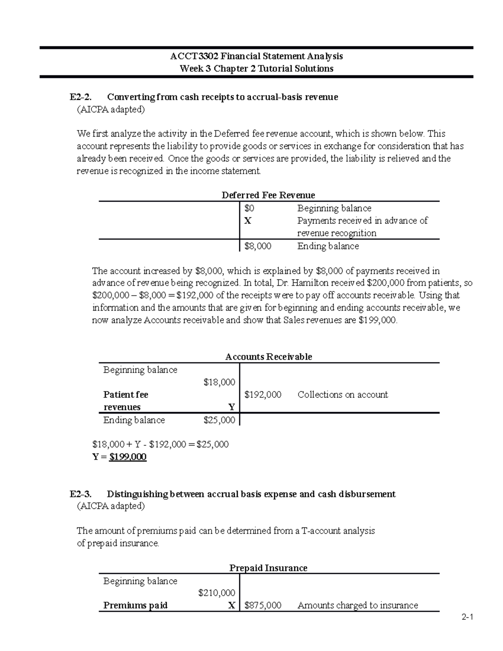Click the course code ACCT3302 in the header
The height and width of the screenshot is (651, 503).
point(194,56)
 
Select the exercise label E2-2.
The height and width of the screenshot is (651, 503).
point(80,97)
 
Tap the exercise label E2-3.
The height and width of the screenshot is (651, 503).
point(80,494)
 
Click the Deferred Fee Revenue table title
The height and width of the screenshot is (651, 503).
point(268,195)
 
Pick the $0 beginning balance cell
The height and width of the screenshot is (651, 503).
point(249,208)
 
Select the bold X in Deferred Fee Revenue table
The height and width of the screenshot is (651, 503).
point(248,221)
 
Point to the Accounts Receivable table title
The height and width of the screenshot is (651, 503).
point(268,357)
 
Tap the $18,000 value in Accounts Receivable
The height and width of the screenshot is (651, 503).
point(219,382)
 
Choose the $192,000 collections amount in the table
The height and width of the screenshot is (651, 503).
point(262,394)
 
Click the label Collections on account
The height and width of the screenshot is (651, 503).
point(342,394)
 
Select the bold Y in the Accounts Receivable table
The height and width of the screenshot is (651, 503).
point(231,407)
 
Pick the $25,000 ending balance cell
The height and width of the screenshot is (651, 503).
point(219,420)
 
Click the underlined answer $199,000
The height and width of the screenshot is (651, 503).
point(127,457)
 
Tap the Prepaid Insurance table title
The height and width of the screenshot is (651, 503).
point(268,568)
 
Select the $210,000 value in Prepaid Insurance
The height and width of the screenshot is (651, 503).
point(216,593)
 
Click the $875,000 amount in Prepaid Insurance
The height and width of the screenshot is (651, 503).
point(262,605)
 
